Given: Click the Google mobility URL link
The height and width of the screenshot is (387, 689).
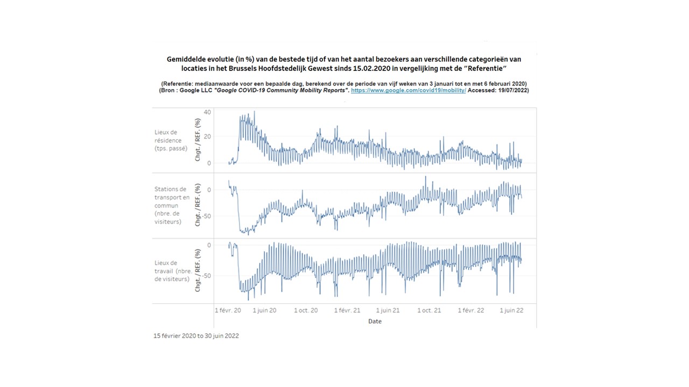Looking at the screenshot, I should (409, 91).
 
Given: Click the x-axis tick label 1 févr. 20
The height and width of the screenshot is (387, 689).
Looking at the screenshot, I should (228, 310).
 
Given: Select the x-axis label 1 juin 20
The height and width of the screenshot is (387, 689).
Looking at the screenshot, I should (264, 310).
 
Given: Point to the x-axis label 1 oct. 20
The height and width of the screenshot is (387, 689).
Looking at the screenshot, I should (306, 310).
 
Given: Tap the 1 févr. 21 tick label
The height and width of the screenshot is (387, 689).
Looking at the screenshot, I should (347, 310).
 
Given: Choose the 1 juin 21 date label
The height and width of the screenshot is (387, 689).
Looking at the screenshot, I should (388, 310).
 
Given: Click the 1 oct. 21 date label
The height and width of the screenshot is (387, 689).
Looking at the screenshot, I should (429, 310).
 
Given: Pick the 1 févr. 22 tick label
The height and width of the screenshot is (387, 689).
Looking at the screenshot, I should (471, 310).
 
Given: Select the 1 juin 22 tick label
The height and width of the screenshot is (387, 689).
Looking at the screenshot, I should (511, 310).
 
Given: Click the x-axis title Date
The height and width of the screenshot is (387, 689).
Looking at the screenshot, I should (375, 321).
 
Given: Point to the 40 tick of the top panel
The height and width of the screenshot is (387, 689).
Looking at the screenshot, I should (207, 112).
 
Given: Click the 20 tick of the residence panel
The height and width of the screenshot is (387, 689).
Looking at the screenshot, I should (207, 137).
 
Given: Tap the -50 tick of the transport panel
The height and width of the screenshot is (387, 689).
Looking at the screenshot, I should (206, 216).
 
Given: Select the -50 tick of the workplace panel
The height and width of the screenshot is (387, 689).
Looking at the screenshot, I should (206, 276).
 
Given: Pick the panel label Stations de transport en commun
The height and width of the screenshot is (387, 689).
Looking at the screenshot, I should (172, 205).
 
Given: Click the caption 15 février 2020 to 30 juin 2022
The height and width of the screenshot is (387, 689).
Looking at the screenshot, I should (196, 336).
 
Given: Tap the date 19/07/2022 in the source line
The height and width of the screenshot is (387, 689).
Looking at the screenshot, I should (511, 91).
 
